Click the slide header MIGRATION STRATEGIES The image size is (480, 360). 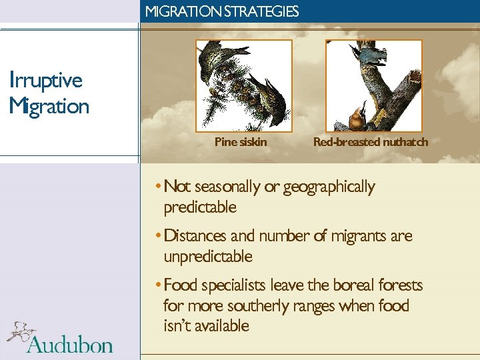(x=221, y=11)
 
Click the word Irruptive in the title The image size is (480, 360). (x=46, y=81)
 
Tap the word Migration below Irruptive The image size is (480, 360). (x=49, y=106)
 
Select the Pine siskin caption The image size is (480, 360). (x=241, y=141)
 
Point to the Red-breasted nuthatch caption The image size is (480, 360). (x=371, y=141)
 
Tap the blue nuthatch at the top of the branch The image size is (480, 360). (x=369, y=55)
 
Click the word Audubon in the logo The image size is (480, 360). (x=70, y=345)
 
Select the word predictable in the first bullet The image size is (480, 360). (x=200, y=207)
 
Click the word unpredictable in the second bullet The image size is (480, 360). (x=208, y=257)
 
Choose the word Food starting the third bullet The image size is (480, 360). (x=181, y=285)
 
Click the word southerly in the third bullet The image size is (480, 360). (x=256, y=306)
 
